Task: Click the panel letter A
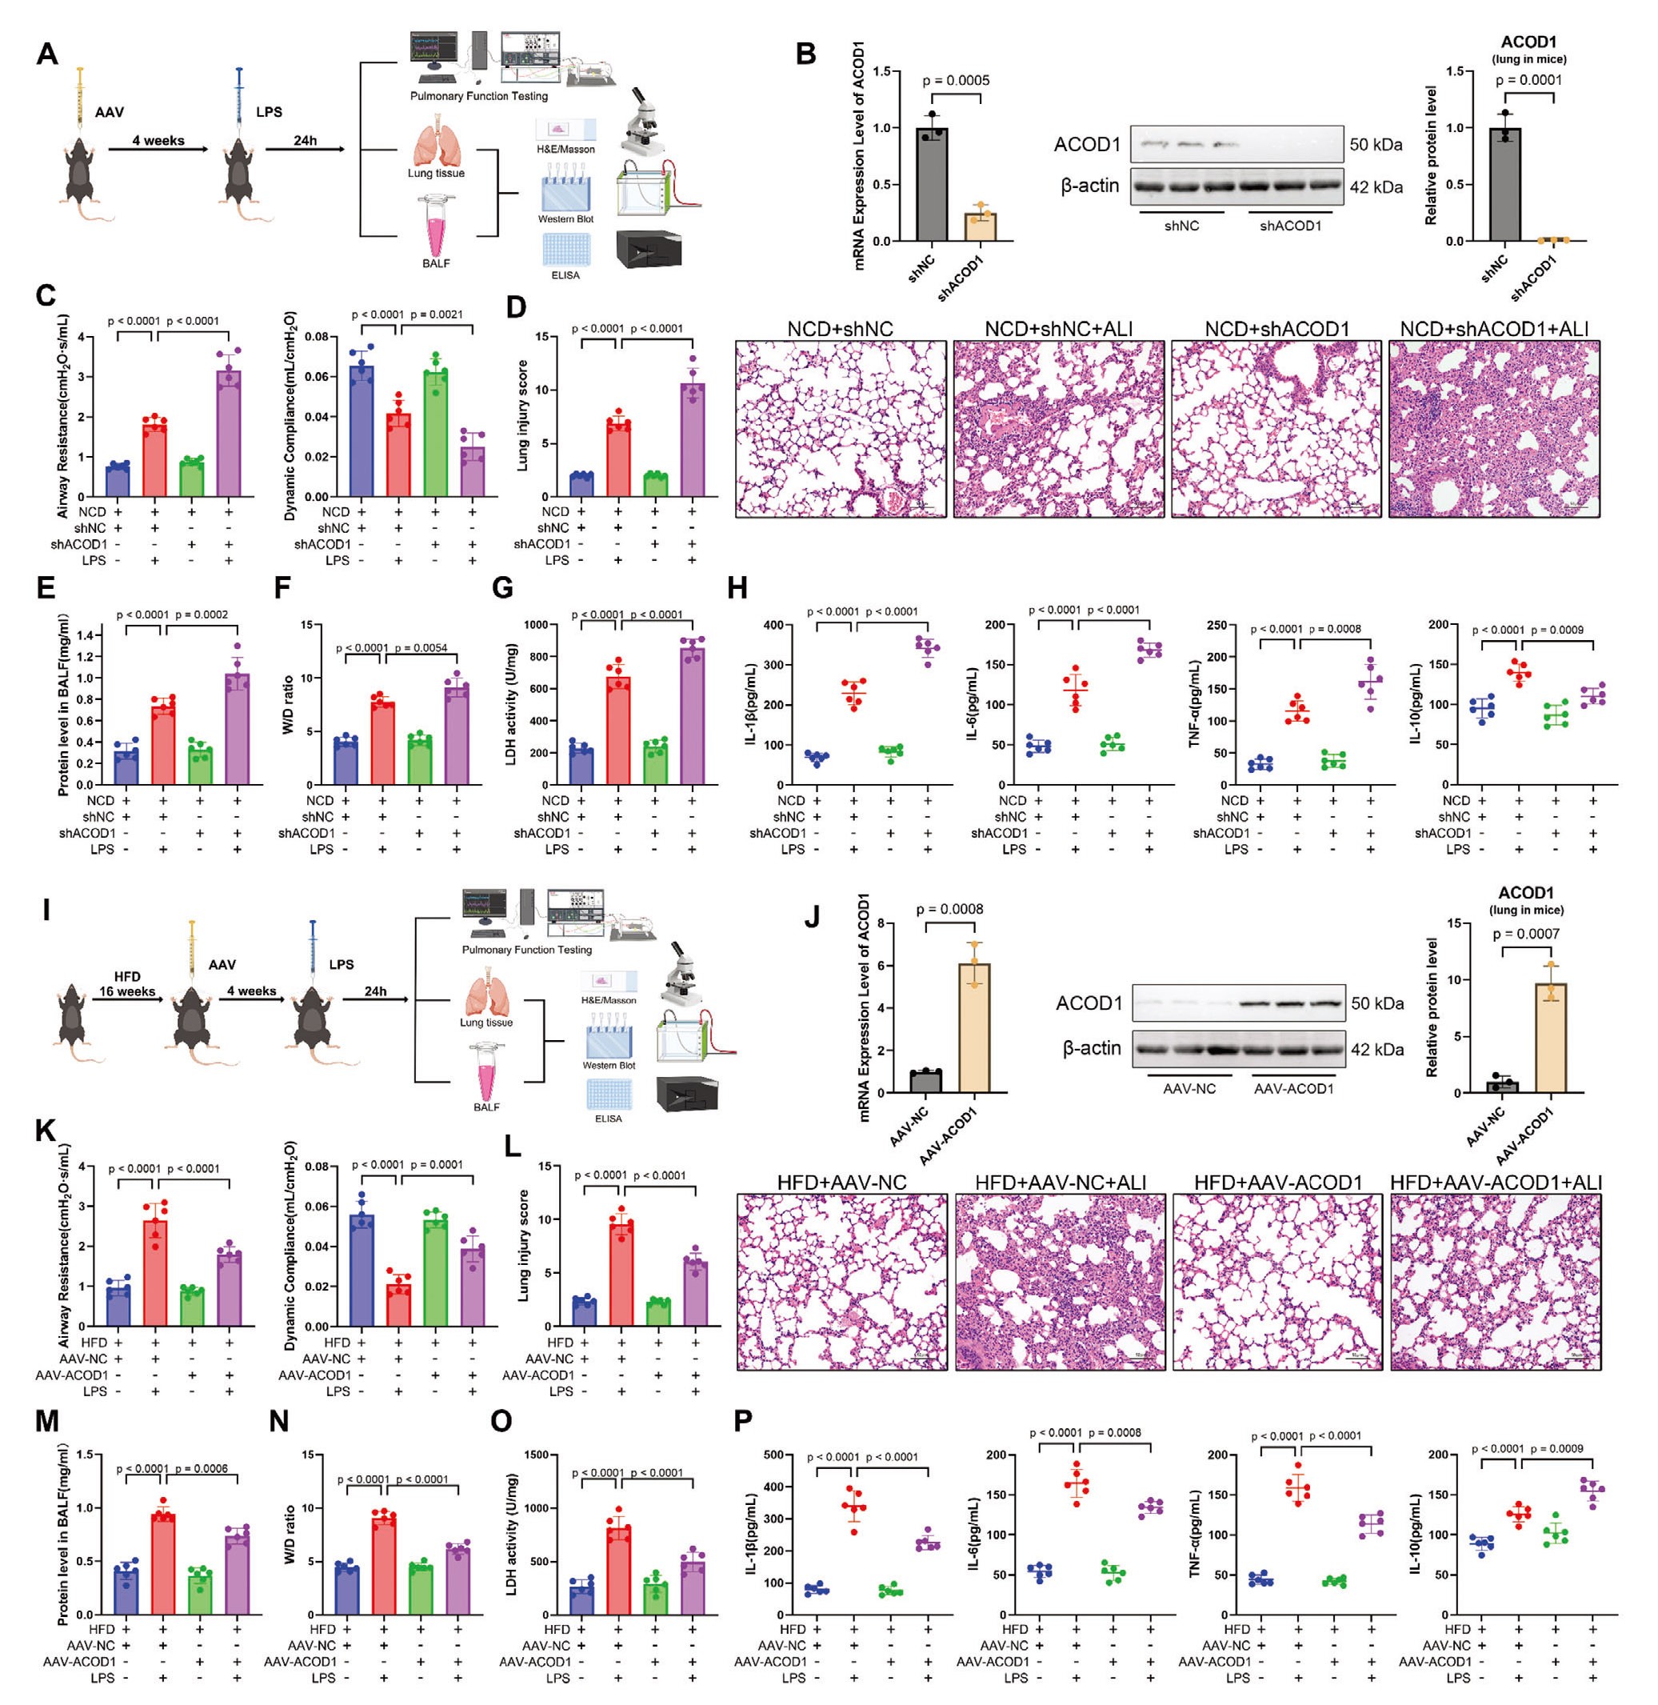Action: coord(47,54)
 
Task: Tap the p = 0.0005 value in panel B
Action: coord(955,81)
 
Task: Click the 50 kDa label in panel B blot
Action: coord(1376,145)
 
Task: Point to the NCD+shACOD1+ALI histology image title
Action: coord(1494,330)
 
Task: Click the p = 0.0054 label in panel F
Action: coord(421,648)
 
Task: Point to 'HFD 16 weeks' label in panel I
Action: coord(126,983)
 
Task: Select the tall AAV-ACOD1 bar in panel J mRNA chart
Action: coord(973,1028)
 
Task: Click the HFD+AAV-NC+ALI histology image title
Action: coord(1060,1183)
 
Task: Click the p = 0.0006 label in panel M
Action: coord(202,1468)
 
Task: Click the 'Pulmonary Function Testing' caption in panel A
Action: coord(479,96)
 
